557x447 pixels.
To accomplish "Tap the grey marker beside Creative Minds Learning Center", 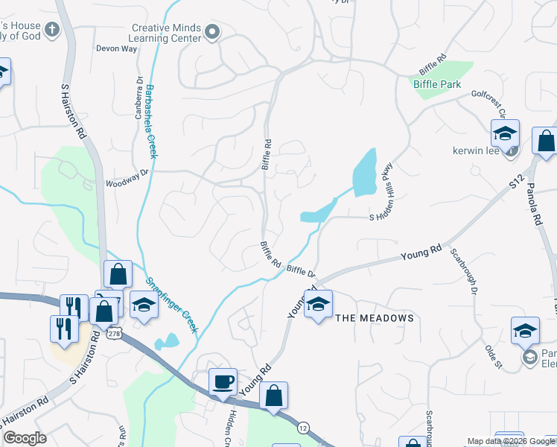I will (213, 31).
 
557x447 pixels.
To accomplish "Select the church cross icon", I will (51, 30).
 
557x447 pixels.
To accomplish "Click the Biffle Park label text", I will (437, 84).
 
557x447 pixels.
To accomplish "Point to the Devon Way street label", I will (117, 48).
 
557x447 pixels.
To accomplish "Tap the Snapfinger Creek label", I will (171, 304).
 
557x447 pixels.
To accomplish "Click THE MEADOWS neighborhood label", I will (374, 318).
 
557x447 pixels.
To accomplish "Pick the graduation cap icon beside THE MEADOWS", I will (318, 304).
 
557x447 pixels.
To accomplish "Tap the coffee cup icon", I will (223, 382).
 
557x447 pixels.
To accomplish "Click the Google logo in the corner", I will (25, 438).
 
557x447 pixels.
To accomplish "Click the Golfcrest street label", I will (488, 101).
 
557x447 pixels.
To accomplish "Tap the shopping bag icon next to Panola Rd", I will (546, 142).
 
